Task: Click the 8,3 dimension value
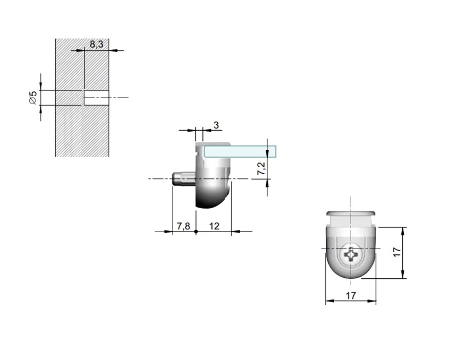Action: point(97,44)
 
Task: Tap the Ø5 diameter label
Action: point(33,98)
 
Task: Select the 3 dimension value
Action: point(216,125)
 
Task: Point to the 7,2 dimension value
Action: point(261,168)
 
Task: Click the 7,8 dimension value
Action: point(183,226)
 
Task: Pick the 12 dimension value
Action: point(214,226)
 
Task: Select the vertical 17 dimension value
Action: point(397,252)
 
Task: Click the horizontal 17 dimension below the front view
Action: point(351,295)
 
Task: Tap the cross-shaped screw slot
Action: point(351,254)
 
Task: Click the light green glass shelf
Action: point(240,151)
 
